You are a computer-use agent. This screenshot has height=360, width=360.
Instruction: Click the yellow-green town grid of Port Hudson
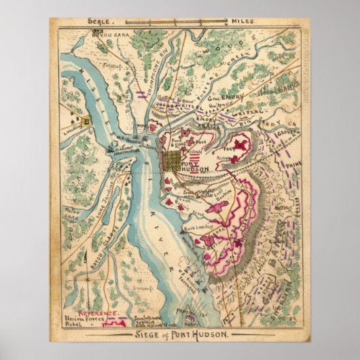pos(173,161)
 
